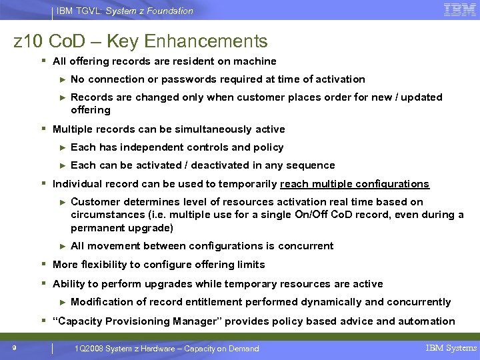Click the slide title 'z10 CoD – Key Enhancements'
(141, 41)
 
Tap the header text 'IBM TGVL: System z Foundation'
(125, 11)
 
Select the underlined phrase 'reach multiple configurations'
(355, 184)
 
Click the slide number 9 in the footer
(14, 347)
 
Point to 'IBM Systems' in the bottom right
(451, 348)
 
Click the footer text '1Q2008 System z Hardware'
(127, 349)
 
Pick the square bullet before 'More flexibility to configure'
(43, 265)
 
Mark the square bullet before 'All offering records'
(43, 61)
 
